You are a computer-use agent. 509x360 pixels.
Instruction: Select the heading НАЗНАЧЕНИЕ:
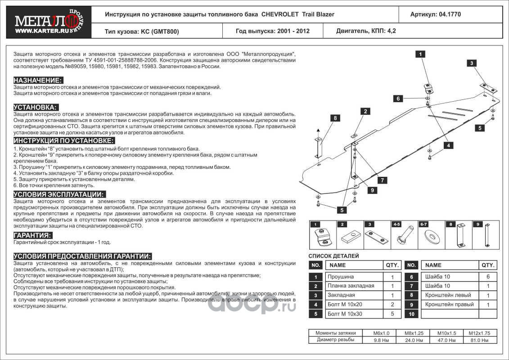coord(38,80)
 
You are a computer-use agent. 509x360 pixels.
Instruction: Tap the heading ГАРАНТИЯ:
coord(32,235)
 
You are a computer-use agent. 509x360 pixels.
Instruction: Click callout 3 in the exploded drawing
coord(472,63)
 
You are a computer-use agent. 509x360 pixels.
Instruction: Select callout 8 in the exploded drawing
coord(335,118)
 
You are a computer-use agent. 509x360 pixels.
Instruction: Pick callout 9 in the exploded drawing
coord(373,190)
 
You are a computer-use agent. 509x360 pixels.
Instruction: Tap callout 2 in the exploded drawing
coord(365,111)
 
